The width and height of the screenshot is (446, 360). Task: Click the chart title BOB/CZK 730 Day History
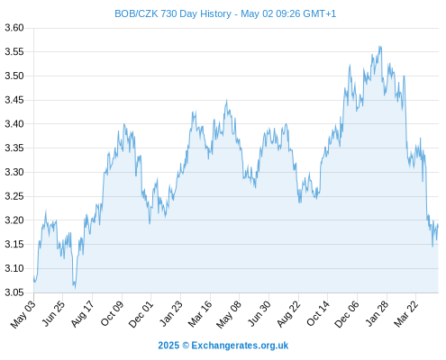(173, 13)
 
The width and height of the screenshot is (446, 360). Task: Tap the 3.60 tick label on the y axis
(14, 28)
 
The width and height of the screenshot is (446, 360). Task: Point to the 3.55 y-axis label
(14, 52)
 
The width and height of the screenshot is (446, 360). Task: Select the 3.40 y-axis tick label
(14, 124)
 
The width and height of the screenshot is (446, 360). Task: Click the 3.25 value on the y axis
(14, 196)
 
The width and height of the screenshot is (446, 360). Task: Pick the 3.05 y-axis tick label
(14, 292)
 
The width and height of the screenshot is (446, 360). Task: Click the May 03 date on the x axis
(23, 314)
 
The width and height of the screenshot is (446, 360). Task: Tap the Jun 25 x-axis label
(53, 313)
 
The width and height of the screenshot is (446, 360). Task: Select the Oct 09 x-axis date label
(112, 313)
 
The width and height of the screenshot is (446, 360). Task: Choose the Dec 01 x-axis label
(141, 314)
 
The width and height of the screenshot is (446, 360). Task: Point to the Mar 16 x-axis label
(200, 314)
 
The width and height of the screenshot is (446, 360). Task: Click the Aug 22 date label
(288, 314)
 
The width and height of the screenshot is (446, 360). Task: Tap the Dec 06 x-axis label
(347, 314)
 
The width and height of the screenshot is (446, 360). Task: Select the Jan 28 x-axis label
(377, 313)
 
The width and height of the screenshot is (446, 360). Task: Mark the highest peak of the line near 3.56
(380, 47)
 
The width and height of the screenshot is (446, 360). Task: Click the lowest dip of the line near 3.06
(75, 288)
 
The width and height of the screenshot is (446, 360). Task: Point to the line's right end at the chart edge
(438, 226)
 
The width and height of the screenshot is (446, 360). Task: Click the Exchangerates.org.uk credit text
(240, 346)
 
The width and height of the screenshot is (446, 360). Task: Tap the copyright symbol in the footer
(186, 346)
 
